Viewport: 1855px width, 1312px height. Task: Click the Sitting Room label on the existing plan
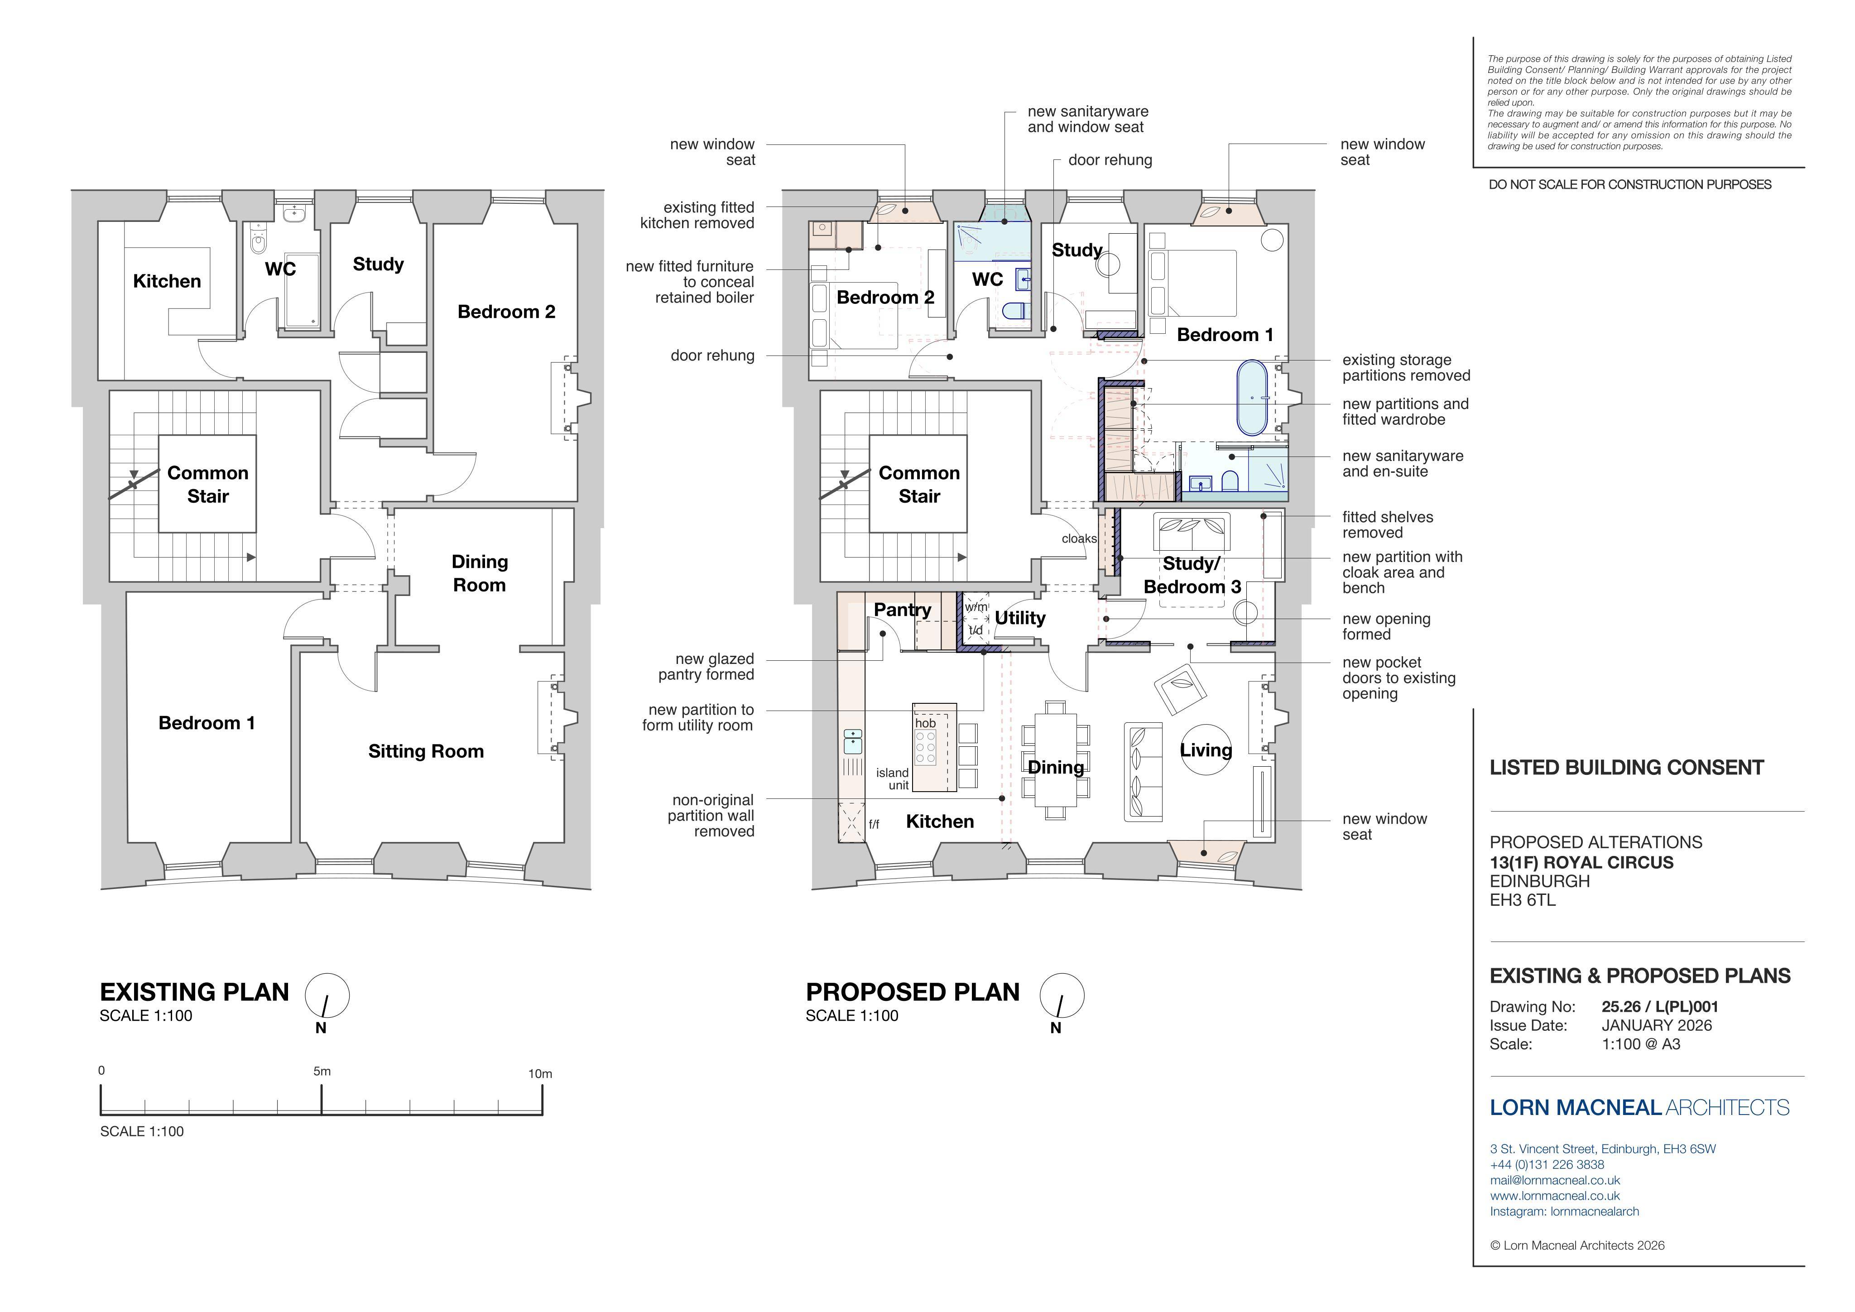coord(426,751)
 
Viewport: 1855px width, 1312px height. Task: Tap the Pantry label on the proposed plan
coord(903,610)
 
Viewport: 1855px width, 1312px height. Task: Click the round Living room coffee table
coord(1206,749)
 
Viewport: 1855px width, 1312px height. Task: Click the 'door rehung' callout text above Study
coord(1110,160)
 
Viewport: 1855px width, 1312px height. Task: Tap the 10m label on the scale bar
coord(540,1074)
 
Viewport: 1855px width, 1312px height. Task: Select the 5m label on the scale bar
coord(322,1071)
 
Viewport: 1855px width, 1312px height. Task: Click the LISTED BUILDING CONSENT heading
coord(1626,768)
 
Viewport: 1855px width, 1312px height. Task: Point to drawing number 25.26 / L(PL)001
coord(1660,1007)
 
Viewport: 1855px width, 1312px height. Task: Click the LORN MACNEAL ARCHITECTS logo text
coord(1639,1108)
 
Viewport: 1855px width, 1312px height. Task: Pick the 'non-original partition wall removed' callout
coord(711,816)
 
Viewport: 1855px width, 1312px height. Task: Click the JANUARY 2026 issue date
coord(1657,1025)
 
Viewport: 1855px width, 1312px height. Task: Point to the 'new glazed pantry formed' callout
coord(706,667)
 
